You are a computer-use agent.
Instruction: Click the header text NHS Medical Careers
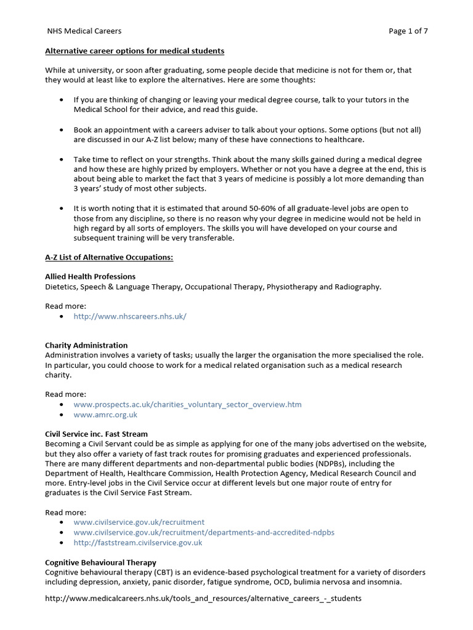(84, 31)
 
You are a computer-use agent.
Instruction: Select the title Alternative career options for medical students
(134, 50)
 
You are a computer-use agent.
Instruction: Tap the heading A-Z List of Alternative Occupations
(109, 257)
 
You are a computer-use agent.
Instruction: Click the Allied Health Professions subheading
(90, 276)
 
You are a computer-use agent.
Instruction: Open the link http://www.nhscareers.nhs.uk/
(129, 316)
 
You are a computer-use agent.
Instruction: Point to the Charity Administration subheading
(86, 345)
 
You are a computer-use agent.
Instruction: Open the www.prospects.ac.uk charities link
(187, 404)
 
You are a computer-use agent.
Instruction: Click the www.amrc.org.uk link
(105, 415)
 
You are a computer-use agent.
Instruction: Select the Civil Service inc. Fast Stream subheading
(96, 434)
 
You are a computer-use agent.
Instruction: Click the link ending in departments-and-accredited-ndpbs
(204, 532)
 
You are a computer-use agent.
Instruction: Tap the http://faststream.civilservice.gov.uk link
(137, 543)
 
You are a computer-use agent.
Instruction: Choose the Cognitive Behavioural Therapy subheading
(100, 562)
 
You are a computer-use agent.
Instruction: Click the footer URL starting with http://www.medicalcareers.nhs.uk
(203, 598)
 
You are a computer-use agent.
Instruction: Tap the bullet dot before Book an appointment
(62, 130)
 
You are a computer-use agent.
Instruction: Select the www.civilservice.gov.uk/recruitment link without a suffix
(139, 522)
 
